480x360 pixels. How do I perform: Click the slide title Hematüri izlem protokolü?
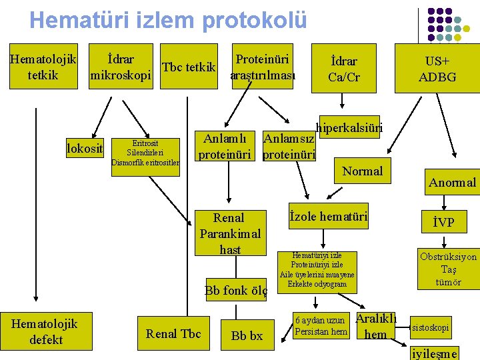(x=168, y=20)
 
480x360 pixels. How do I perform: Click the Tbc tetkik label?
(x=189, y=67)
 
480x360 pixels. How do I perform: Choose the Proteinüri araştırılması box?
(x=263, y=67)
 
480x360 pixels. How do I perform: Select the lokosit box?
(x=85, y=148)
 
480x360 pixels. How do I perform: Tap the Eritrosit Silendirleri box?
(x=145, y=152)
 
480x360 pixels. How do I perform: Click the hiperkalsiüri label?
(x=349, y=127)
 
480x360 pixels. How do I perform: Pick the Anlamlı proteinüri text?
(x=225, y=147)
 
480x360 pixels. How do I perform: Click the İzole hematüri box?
(x=328, y=216)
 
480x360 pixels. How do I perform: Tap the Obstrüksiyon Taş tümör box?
(x=448, y=269)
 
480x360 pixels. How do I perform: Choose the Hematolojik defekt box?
(x=46, y=331)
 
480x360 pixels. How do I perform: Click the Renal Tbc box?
(x=173, y=334)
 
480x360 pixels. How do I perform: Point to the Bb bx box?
(x=247, y=336)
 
